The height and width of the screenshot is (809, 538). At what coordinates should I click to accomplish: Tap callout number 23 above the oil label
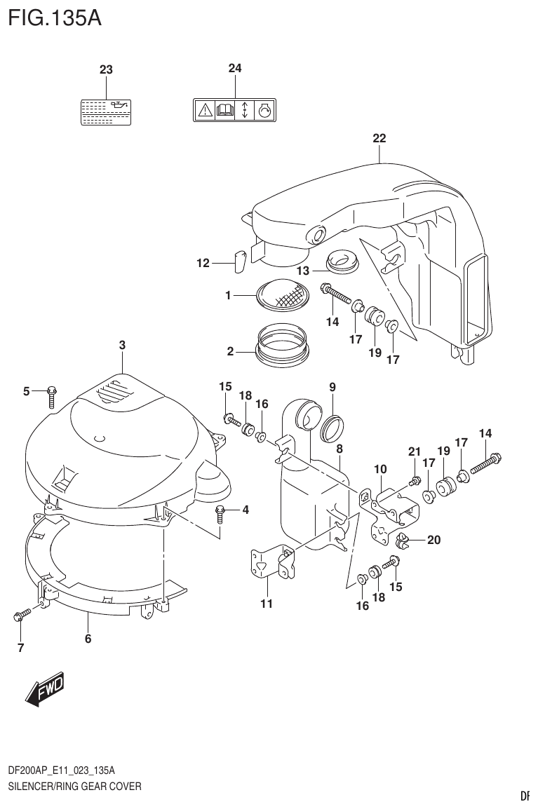pyautogui.click(x=106, y=69)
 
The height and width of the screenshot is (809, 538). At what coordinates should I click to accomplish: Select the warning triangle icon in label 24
pyautogui.click(x=204, y=111)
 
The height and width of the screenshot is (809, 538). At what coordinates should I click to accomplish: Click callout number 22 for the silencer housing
pyautogui.click(x=379, y=138)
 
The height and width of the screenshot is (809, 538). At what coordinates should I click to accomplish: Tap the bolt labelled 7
pyautogui.click(x=21, y=616)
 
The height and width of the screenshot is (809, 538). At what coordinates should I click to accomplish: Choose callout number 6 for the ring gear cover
pyautogui.click(x=88, y=638)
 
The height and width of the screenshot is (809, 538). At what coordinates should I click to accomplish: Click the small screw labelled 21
pyautogui.click(x=415, y=481)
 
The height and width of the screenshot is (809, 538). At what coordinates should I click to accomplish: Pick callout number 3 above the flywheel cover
pyautogui.click(x=122, y=344)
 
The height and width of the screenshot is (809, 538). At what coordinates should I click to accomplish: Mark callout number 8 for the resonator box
pyautogui.click(x=339, y=449)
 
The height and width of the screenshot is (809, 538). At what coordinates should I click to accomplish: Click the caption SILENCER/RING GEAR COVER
pyautogui.click(x=74, y=786)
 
